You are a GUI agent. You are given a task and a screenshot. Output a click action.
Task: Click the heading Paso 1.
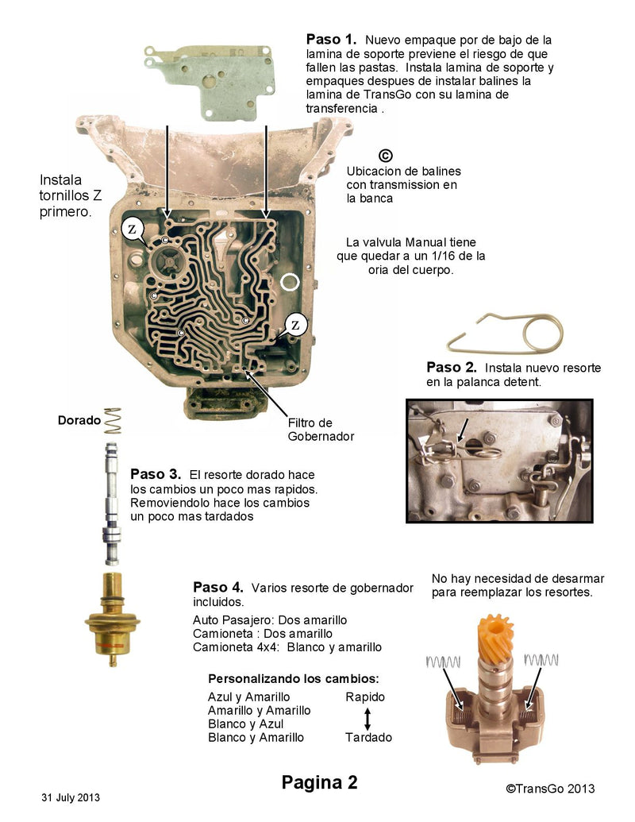(x=331, y=39)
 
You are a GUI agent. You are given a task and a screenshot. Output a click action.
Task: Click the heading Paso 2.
(x=451, y=367)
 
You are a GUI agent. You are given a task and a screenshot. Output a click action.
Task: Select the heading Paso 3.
(x=156, y=473)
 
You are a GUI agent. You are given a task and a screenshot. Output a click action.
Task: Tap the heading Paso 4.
(x=218, y=587)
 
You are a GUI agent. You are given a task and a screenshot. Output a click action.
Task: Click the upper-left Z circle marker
(x=132, y=230)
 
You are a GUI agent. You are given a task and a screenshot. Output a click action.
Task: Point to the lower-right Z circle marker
(x=295, y=325)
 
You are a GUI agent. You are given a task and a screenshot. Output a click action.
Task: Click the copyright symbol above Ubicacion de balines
(x=386, y=156)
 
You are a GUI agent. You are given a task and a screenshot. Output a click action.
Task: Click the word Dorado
(x=79, y=420)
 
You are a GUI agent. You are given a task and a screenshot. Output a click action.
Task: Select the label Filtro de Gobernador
(x=320, y=429)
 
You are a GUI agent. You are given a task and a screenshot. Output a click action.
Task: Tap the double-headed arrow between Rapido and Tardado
(x=368, y=717)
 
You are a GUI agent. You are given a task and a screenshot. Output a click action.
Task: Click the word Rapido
(x=365, y=697)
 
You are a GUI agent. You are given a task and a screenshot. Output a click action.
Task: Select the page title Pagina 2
(x=319, y=782)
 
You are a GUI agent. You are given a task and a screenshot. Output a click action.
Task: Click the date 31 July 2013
(x=71, y=797)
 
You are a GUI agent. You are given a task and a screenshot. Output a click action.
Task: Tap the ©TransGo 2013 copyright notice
(x=550, y=788)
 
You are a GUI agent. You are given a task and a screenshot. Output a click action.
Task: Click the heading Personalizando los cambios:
(x=293, y=679)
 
